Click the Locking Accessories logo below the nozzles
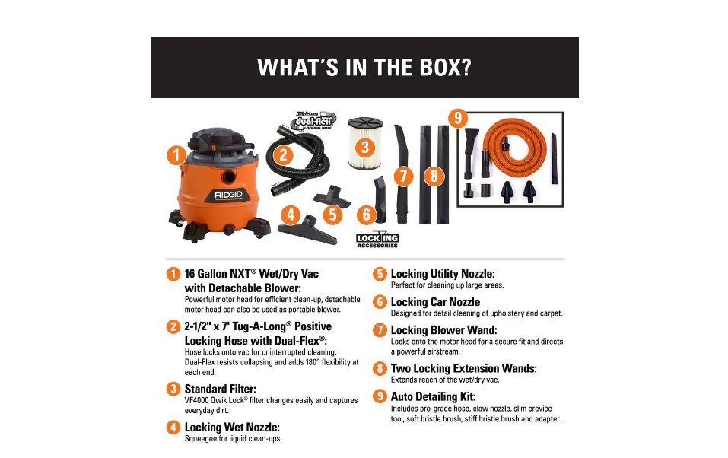pos(377,240)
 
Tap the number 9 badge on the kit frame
pos(456,118)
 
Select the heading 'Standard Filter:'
pos(220,389)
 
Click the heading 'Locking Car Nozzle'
pos(435,302)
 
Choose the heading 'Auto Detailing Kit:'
pos(433,396)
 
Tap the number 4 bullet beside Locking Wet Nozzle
pos(173,427)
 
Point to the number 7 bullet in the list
pos(380,330)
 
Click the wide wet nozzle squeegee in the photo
pos(307,231)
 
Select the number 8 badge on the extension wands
pos(433,177)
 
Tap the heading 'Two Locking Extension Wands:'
pos(463,368)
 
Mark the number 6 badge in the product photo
pos(367,215)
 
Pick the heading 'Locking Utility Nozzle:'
pos(442,274)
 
